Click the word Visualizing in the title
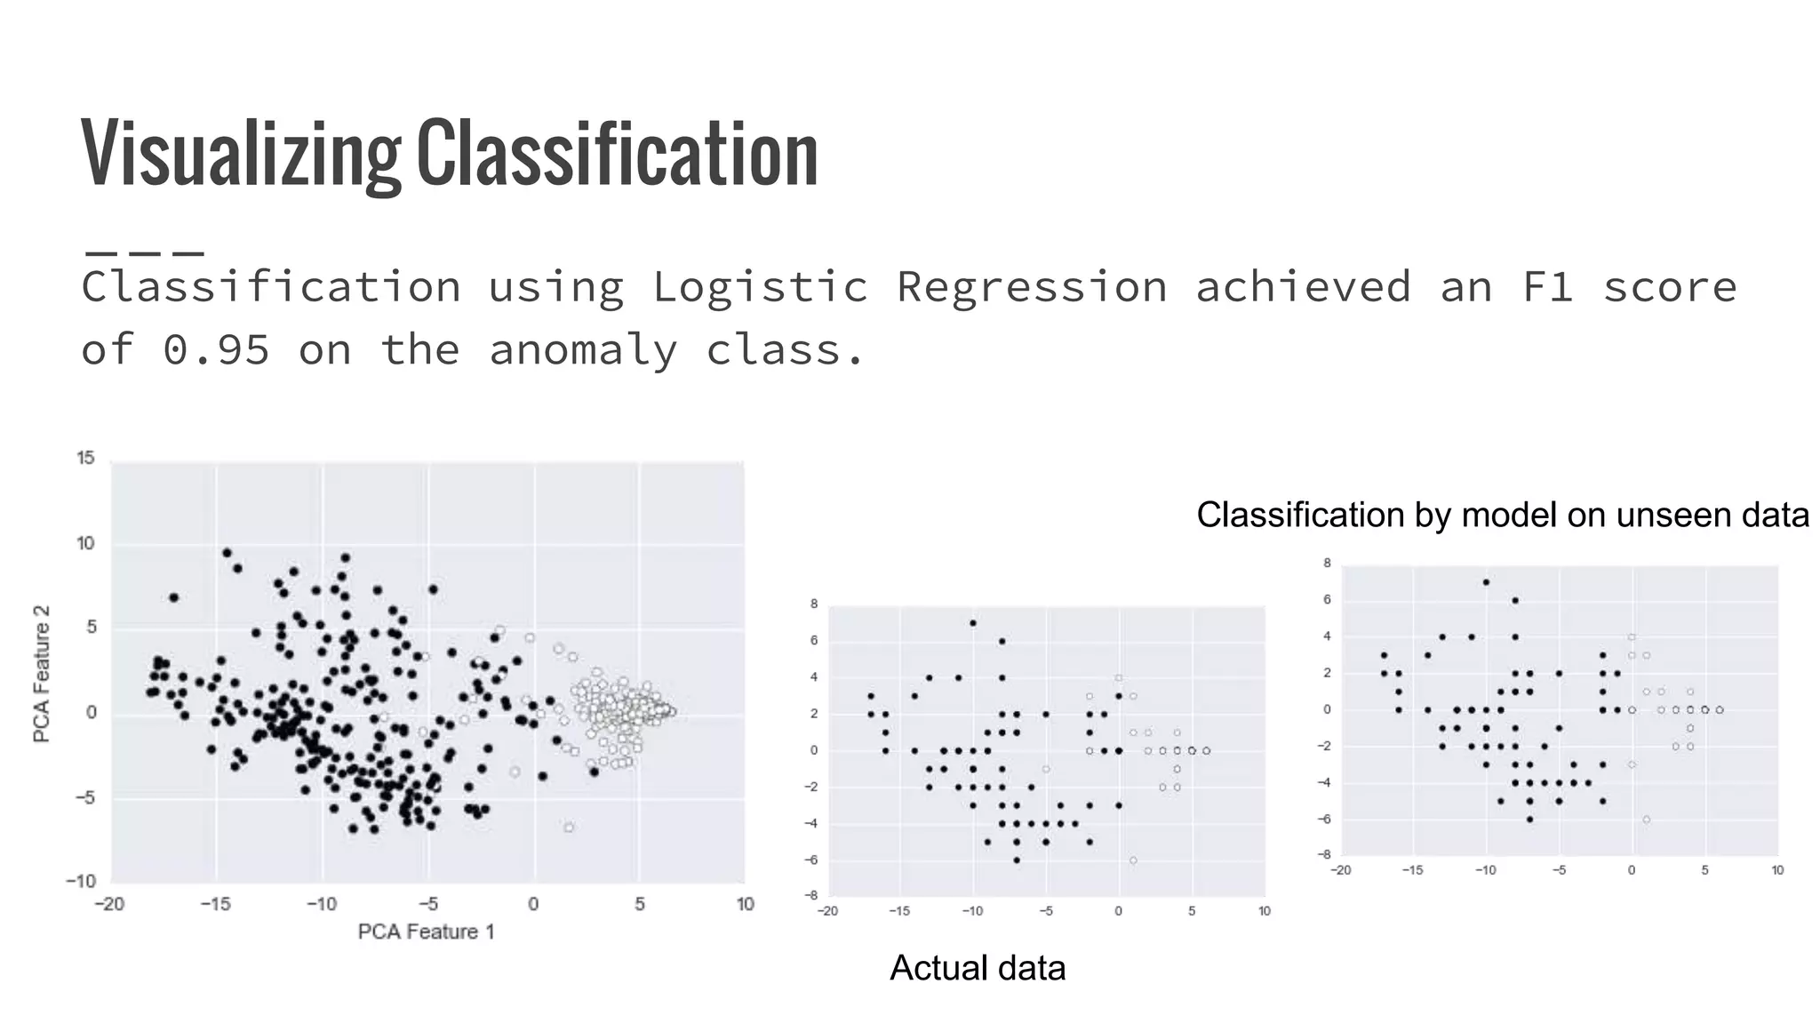[x=240, y=153]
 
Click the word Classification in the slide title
[x=617, y=153]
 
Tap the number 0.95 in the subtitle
[x=216, y=349]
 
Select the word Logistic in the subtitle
[x=760, y=287]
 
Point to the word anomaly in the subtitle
[x=583, y=349]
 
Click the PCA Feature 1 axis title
[x=426, y=932]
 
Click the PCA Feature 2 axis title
[x=41, y=674]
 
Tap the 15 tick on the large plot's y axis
[x=85, y=458]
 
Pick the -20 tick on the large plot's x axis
[x=109, y=904]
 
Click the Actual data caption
[x=977, y=968]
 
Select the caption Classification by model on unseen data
[x=1502, y=515]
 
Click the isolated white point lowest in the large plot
[x=569, y=827]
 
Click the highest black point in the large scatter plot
[x=227, y=553]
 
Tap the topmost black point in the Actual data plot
[x=973, y=623]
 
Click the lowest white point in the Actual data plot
[x=1133, y=860]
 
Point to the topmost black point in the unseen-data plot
[x=1486, y=582]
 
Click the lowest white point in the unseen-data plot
[x=1646, y=820]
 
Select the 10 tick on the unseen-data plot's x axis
[x=1777, y=870]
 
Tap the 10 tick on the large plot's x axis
[x=745, y=904]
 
